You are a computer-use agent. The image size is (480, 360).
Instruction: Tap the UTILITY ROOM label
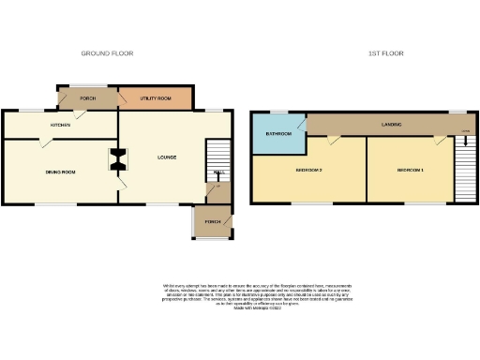[x=156, y=97]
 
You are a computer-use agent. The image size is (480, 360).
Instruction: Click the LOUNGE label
[x=167, y=157]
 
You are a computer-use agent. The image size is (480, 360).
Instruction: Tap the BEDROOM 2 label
[x=308, y=171]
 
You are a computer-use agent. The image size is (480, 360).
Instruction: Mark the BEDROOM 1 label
[x=410, y=171]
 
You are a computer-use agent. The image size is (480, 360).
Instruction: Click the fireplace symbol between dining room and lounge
[x=119, y=160]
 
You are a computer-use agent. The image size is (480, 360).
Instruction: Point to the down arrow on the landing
[x=463, y=132]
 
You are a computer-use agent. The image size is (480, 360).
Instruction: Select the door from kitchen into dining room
[x=43, y=142]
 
